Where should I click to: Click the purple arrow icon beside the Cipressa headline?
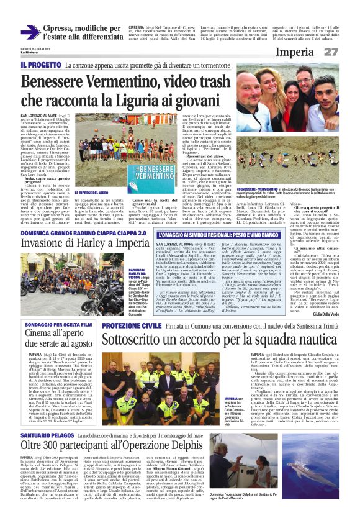(30, 32)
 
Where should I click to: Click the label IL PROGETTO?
(40, 65)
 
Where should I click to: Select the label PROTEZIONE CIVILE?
(127, 325)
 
